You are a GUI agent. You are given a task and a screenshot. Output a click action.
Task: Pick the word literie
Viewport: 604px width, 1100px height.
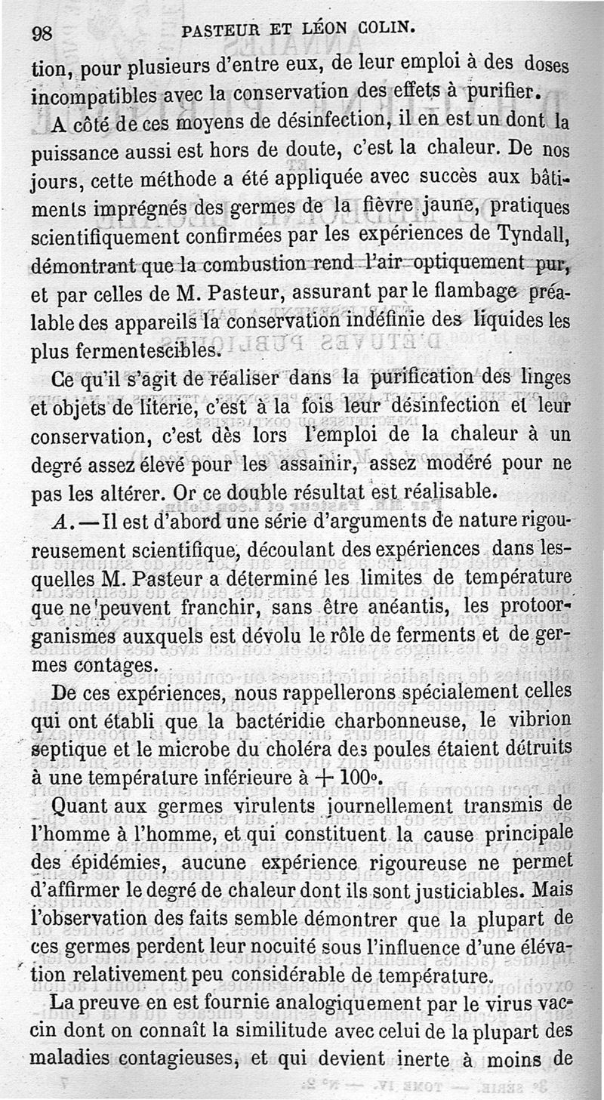pos(175,409)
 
